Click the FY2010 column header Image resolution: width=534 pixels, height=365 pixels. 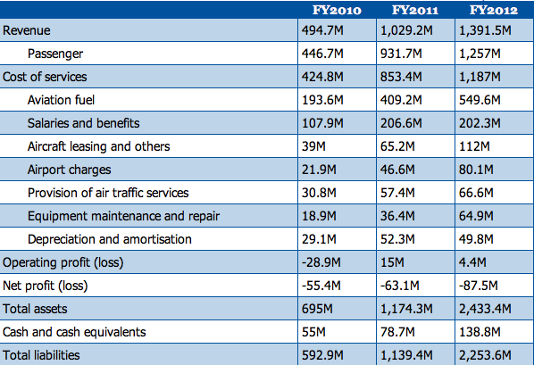[337, 10]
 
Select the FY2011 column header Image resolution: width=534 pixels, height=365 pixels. [415, 10]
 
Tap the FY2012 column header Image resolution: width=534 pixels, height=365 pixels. [494, 10]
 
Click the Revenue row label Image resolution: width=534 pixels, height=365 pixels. [27, 30]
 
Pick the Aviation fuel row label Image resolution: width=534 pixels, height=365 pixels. [61, 100]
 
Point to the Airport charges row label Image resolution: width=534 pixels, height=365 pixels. [69, 170]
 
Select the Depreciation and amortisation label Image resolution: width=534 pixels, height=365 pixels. [110, 239]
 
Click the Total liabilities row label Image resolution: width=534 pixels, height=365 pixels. [41, 355]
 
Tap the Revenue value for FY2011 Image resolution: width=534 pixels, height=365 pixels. [406, 30]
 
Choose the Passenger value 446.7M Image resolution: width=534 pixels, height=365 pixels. [322, 54]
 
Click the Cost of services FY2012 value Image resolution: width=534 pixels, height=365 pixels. [480, 77]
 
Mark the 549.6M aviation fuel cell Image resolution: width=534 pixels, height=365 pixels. [480, 100]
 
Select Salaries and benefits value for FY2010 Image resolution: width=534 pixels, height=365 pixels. [322, 123]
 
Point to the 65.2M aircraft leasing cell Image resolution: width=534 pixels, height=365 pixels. [397, 146]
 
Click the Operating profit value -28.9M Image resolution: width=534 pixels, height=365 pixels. [321, 262]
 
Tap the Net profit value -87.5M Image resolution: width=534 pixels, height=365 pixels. [479, 286]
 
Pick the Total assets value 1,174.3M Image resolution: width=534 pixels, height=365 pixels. [406, 309]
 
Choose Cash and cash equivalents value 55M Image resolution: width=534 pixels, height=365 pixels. [313, 332]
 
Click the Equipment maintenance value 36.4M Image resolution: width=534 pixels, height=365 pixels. [397, 216]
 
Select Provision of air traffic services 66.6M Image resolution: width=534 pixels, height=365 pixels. [476, 193]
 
